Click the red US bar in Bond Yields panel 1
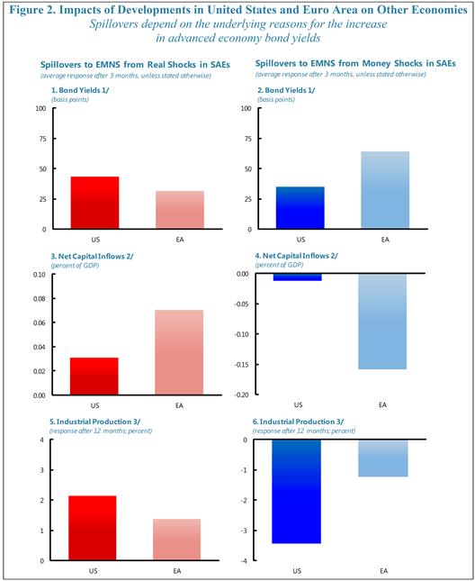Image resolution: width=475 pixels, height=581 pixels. [95, 203]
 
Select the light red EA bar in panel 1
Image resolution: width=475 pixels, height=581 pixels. [180, 210]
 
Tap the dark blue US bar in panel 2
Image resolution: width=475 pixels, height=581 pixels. [300, 208]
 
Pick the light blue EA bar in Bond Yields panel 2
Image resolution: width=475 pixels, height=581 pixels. [385, 190]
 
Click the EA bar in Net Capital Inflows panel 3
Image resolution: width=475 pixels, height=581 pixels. [179, 352]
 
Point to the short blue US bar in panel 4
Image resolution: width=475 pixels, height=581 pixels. [298, 277]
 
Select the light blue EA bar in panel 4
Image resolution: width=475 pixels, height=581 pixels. [382, 322]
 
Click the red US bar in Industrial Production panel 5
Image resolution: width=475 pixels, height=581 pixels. [93, 528]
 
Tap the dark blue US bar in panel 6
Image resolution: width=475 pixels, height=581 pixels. [297, 492]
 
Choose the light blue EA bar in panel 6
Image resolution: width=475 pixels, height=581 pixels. [383, 458]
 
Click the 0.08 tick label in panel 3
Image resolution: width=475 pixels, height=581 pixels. [40, 299]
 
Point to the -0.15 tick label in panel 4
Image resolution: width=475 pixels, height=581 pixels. [242, 365]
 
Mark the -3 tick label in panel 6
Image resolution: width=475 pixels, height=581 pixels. [245, 531]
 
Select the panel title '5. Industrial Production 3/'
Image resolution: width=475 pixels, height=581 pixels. [94, 422]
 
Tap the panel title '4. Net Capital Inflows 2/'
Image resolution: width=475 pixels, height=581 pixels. [296, 256]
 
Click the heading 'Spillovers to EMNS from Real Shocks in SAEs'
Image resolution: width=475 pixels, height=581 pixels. [135, 65]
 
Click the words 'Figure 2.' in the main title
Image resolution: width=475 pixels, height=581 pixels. [33, 10]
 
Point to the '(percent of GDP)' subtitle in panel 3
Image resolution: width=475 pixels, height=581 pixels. [75, 266]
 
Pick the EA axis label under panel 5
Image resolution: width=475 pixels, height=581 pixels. [177, 571]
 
